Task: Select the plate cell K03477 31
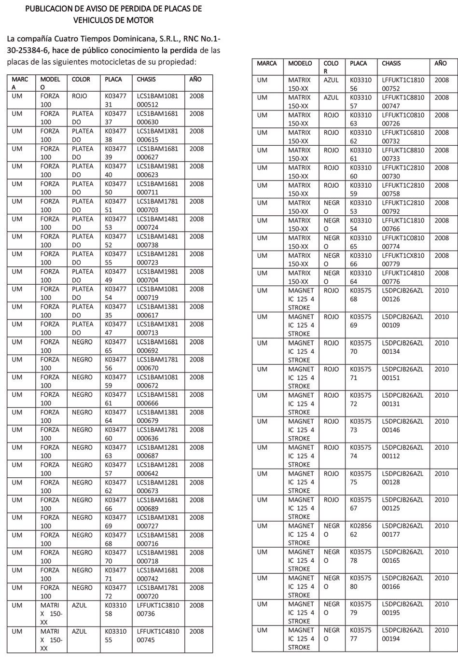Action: [x=115, y=100]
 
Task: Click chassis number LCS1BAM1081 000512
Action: [x=157, y=100]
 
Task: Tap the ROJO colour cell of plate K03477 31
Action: [x=80, y=96]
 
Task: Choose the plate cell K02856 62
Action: [x=361, y=530]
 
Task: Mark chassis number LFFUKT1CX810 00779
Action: [x=403, y=260]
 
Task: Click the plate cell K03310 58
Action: [x=115, y=610]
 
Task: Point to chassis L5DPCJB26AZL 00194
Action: [x=402, y=634]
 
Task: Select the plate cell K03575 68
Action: [x=361, y=294]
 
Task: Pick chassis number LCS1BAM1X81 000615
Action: [x=157, y=136]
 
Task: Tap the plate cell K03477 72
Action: [x=115, y=592]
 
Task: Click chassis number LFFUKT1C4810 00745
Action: [x=158, y=636]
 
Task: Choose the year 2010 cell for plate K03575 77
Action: [x=442, y=630]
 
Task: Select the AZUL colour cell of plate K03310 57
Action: [x=331, y=97]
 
